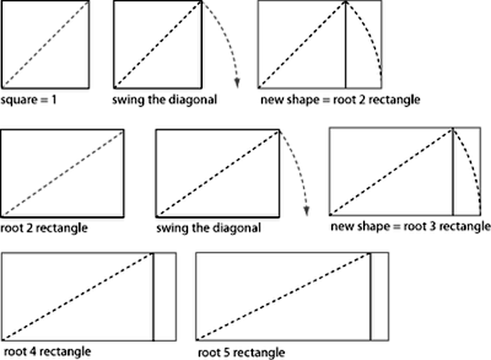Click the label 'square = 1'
click(29, 100)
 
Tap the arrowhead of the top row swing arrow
click(237, 84)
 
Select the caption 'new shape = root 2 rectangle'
click(340, 100)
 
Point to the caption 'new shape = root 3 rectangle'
click(410, 226)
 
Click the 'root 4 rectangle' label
click(47, 351)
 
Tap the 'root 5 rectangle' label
click(241, 353)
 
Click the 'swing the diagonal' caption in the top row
click(164, 100)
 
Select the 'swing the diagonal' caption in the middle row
click(208, 228)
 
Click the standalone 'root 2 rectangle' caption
click(44, 228)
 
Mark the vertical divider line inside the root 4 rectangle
click(153, 297)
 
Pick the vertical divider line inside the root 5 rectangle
click(371, 297)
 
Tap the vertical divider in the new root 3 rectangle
click(453, 172)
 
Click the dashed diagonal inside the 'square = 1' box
click(45, 44)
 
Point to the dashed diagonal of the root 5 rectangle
click(284, 297)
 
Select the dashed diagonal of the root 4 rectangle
click(78, 297)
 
